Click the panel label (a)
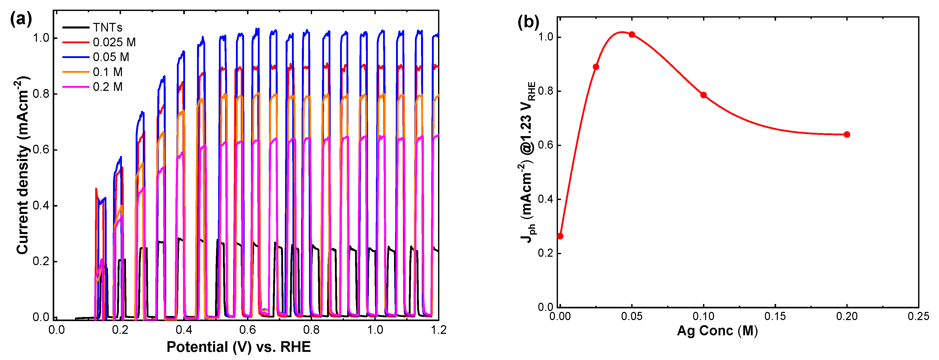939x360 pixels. click(21, 18)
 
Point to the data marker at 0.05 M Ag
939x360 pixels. click(632, 35)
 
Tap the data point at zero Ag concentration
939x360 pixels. click(560, 236)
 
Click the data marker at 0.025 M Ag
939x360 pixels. click(596, 67)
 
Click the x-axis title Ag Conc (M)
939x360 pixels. click(717, 330)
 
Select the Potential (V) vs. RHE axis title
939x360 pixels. click(239, 347)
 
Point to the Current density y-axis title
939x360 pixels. click(23, 166)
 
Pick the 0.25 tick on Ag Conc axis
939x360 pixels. click(918, 316)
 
